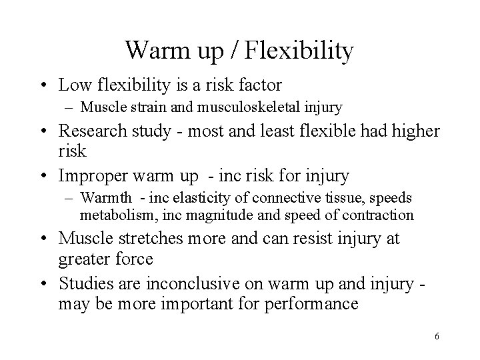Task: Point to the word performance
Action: (320, 304)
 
